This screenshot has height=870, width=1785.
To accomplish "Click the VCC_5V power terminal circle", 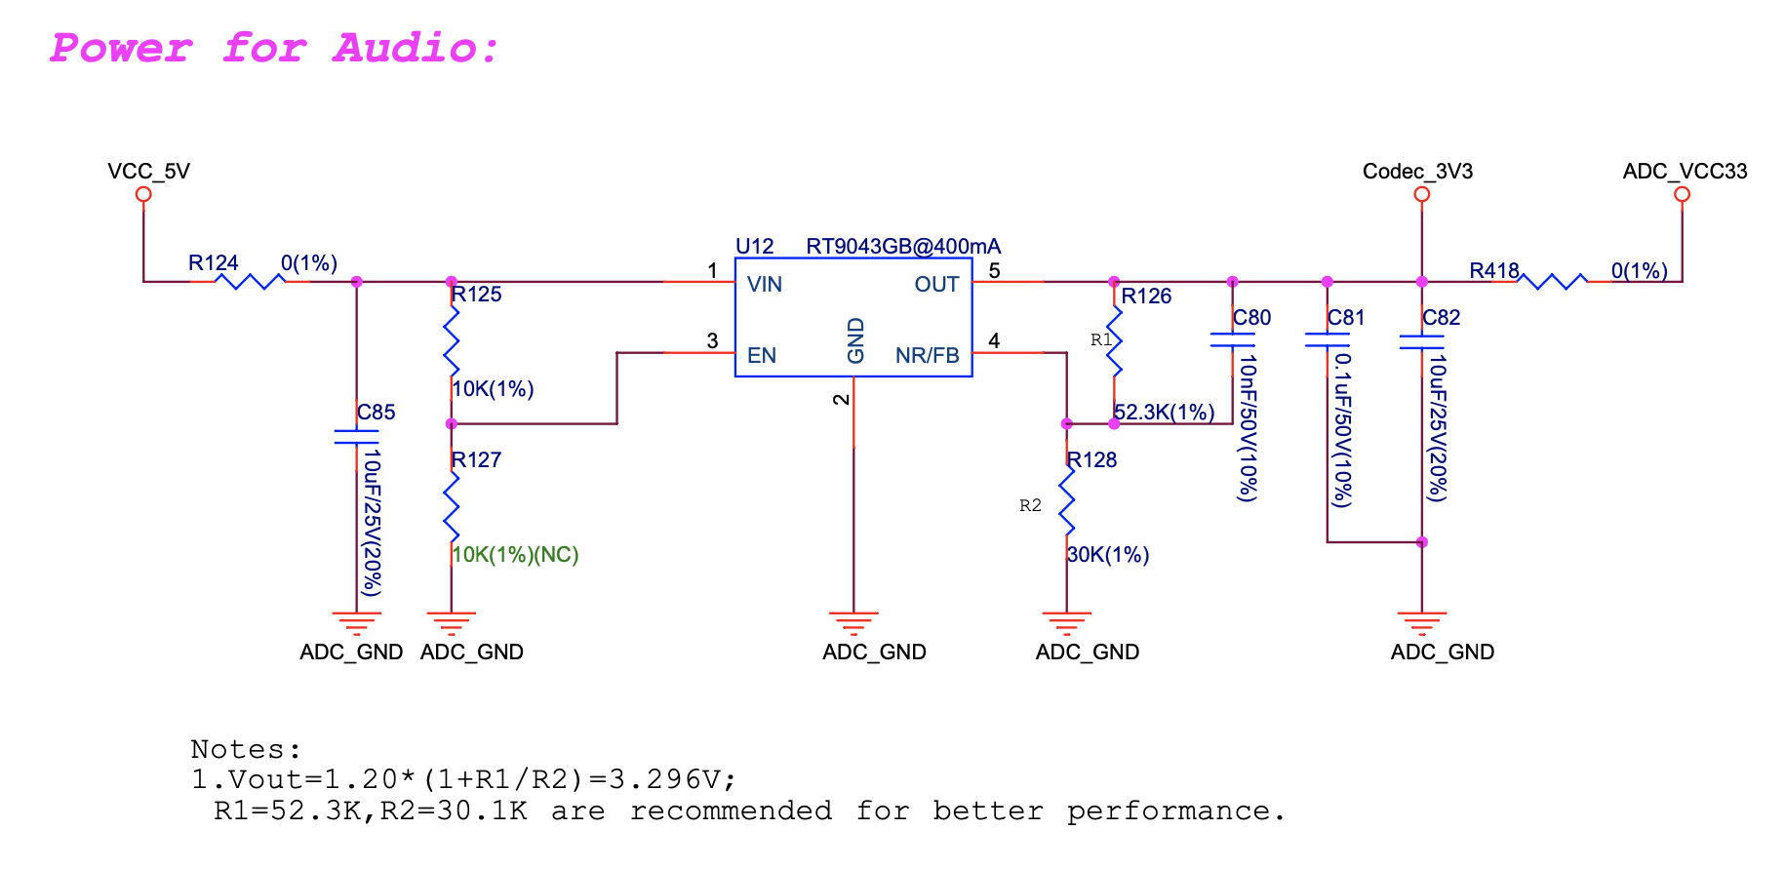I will pyautogui.click(x=143, y=194).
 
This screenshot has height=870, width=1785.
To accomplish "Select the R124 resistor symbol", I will pyautogui.click(x=250, y=282).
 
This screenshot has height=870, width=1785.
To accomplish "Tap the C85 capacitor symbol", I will pyautogui.click(x=356, y=436).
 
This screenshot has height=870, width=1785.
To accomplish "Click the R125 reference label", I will pyautogui.click(x=477, y=295).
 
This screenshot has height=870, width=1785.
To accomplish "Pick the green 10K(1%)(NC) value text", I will pyautogui.click(x=516, y=555).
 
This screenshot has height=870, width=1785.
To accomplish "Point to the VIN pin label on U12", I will pyautogui.click(x=765, y=285).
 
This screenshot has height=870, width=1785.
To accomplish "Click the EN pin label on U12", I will pyautogui.click(x=762, y=355).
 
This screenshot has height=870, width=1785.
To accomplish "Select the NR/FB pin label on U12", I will pyautogui.click(x=928, y=355).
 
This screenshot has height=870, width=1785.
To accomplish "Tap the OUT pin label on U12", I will pyautogui.click(x=936, y=285).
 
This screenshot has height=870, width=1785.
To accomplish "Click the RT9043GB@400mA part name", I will pyautogui.click(x=903, y=247).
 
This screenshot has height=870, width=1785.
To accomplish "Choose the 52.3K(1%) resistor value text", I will pyautogui.click(x=1165, y=413).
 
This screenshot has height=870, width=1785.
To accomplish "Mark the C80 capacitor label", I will pyautogui.click(x=1252, y=318).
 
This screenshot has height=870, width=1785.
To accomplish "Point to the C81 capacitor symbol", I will pyautogui.click(x=1327, y=340).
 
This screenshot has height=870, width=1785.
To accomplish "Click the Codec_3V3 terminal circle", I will pyautogui.click(x=1422, y=194).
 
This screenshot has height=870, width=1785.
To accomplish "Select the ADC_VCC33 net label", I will pyautogui.click(x=1685, y=172).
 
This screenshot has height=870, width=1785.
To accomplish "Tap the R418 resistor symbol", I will pyautogui.click(x=1553, y=282).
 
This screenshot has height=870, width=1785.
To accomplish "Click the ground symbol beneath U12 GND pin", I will pyautogui.click(x=853, y=621).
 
